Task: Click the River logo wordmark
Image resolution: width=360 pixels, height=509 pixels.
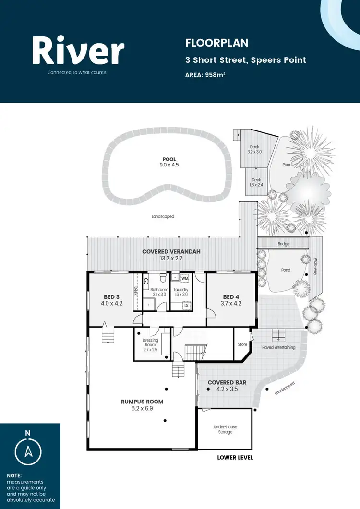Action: [78, 51]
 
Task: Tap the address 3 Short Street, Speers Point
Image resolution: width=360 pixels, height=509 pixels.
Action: [245, 60]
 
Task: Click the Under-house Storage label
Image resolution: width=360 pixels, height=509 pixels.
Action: [225, 429]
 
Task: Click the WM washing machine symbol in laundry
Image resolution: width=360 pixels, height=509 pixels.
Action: [185, 278]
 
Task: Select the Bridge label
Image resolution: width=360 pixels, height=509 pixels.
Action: [284, 244]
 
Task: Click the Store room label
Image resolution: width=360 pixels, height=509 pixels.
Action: [242, 344]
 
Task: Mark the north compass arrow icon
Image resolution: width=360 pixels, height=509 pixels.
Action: [28, 451]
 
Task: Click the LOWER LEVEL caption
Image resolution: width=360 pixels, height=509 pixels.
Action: [235, 458]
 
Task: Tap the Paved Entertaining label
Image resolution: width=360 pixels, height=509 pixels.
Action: [278, 347]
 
